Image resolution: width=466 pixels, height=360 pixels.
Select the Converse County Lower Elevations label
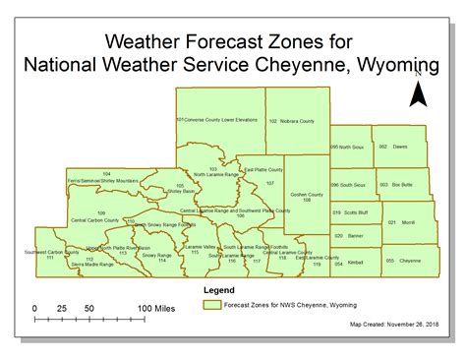click(217, 120)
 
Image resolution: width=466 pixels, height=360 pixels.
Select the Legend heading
click(217, 291)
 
